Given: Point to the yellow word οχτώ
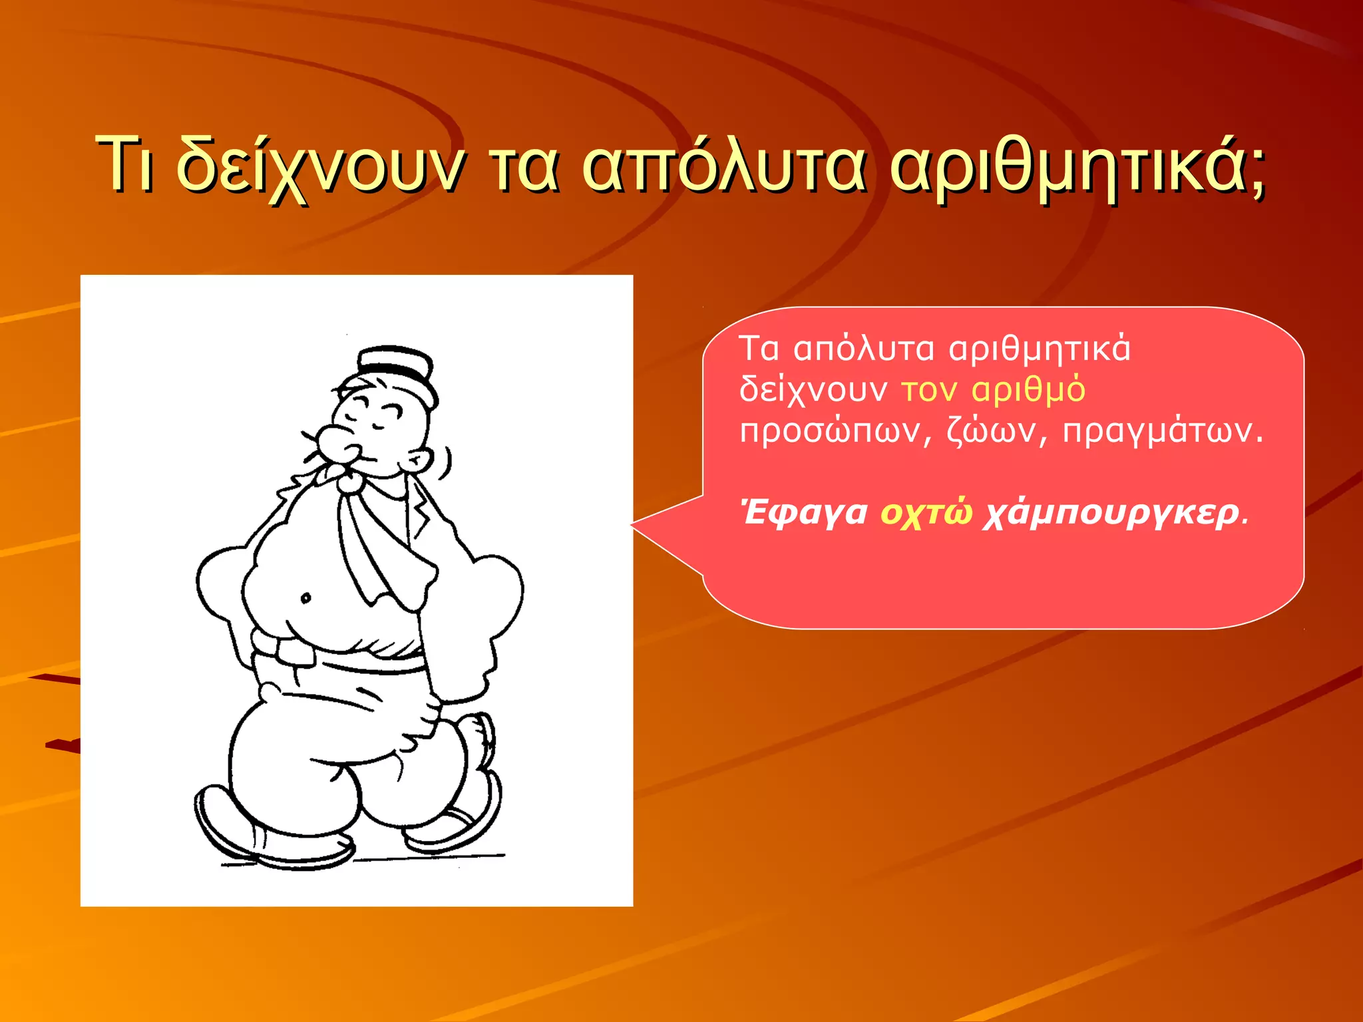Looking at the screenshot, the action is pyautogui.click(x=926, y=513).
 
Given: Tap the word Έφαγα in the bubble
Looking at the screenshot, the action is pyautogui.click(x=805, y=513).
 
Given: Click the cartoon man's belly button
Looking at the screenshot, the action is pyautogui.click(x=305, y=597).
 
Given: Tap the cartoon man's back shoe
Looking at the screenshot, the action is pyautogui.click(x=459, y=818).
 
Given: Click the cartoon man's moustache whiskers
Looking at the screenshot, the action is pyautogui.click(x=311, y=447).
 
